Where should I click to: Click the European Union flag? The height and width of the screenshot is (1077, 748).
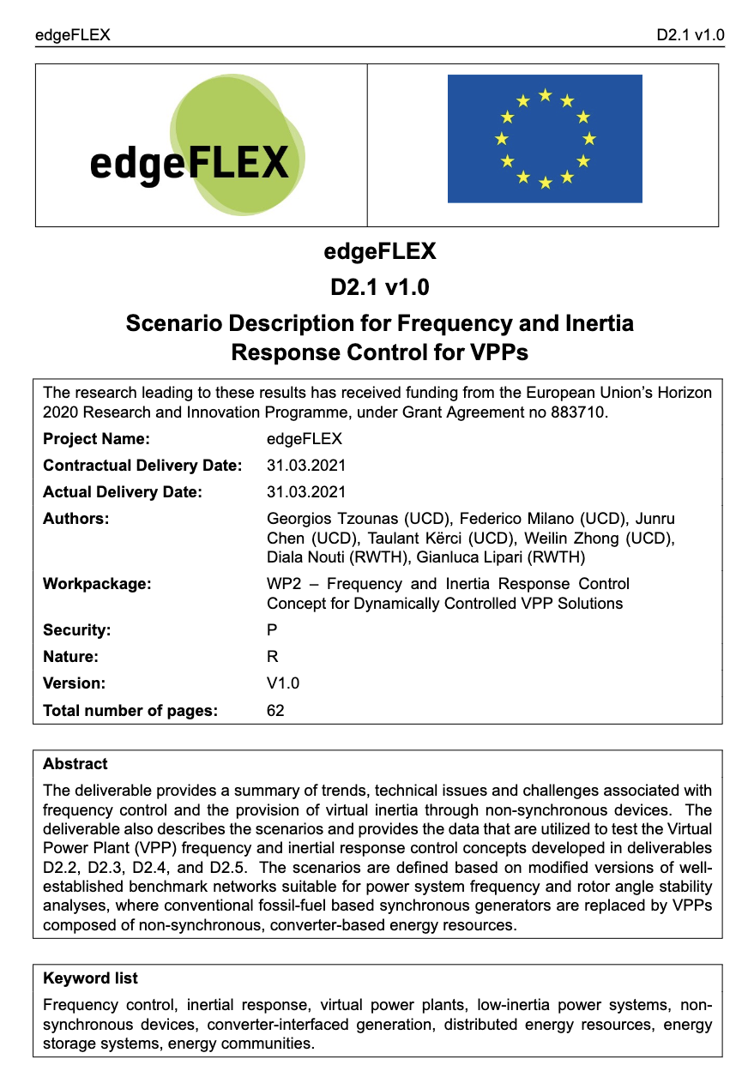(x=545, y=139)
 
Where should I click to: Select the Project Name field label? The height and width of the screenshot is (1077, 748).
(x=96, y=439)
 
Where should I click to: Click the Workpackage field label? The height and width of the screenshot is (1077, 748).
(x=97, y=584)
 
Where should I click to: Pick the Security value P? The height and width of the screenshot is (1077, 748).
(x=273, y=630)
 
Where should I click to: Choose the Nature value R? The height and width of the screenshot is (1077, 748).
(x=273, y=657)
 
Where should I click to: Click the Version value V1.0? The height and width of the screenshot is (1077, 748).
(x=284, y=683)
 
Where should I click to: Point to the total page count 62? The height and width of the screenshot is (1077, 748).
(x=275, y=710)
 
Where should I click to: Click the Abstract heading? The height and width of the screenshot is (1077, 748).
(x=75, y=764)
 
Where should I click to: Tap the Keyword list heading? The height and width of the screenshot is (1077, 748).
(x=90, y=978)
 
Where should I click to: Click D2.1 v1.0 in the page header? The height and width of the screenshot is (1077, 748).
(x=691, y=35)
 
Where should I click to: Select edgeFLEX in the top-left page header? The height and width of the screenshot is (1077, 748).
(x=72, y=35)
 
